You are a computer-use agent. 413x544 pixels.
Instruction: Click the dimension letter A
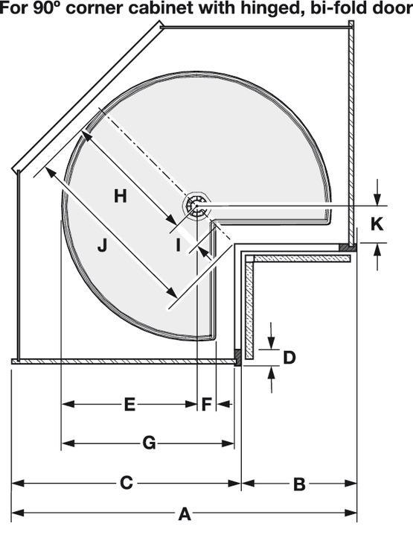(x=185, y=513)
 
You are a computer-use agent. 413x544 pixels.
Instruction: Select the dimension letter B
(x=299, y=484)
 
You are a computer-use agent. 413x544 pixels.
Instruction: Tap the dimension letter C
(x=126, y=483)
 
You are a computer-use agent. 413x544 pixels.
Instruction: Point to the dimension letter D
(x=289, y=358)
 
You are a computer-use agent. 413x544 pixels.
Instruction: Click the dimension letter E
(x=129, y=404)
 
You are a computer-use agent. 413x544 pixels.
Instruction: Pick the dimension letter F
(x=206, y=404)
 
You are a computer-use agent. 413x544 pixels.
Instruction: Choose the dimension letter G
(x=149, y=443)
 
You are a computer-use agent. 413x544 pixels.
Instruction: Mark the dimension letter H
(x=121, y=196)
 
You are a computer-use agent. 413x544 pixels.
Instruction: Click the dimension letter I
(x=178, y=246)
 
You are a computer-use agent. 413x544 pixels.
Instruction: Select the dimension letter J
(x=102, y=246)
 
